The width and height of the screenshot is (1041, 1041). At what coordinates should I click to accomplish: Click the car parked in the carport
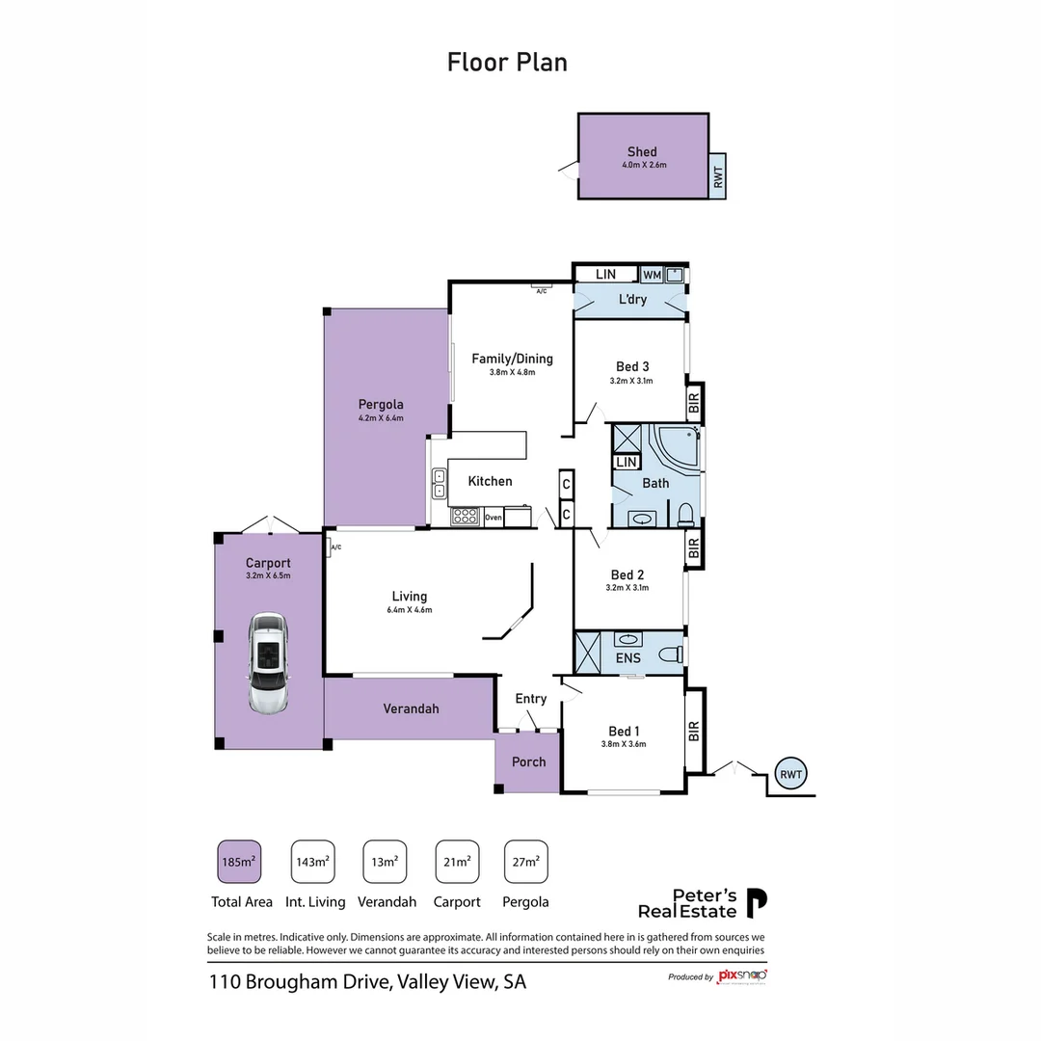268,662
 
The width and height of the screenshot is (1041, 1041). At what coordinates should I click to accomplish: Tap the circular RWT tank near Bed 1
791,773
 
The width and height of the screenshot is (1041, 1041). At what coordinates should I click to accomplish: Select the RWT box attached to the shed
717,176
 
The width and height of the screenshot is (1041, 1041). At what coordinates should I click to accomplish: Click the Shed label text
642,151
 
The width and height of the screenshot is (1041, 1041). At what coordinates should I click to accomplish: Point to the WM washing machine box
652,275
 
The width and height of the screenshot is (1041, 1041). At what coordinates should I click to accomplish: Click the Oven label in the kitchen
494,518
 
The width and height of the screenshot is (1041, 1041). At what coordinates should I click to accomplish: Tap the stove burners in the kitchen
466,517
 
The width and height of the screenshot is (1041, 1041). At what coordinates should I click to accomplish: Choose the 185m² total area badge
239,862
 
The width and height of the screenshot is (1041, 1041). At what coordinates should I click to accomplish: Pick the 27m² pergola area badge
525,862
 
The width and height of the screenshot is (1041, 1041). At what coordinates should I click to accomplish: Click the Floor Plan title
507,63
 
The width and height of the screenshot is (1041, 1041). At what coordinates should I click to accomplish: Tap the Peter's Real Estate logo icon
759,903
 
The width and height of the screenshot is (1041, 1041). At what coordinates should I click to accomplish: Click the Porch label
528,761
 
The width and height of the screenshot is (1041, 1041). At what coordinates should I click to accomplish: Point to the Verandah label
411,708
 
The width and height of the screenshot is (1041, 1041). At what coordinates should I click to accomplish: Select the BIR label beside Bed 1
694,732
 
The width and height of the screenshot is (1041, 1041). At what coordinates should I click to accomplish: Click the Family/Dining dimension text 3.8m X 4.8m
512,372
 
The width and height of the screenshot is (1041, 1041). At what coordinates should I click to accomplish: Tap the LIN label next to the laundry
605,275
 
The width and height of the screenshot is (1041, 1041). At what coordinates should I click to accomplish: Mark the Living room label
409,596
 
